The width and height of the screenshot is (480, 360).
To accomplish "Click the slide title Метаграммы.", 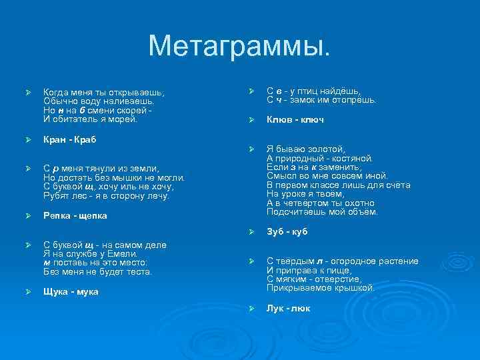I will click(x=239, y=45).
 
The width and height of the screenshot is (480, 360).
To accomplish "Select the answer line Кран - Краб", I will click(x=70, y=139).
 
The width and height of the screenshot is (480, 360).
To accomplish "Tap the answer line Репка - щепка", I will click(x=75, y=215).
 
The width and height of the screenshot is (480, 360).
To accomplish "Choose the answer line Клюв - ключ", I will click(x=295, y=119).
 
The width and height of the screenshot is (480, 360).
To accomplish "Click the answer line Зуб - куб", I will click(x=287, y=232).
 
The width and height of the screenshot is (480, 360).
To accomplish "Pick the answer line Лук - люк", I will click(x=288, y=308).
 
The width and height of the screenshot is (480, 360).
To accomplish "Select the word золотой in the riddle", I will click(x=323, y=149).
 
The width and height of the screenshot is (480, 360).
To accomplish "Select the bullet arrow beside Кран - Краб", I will click(x=27, y=140).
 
